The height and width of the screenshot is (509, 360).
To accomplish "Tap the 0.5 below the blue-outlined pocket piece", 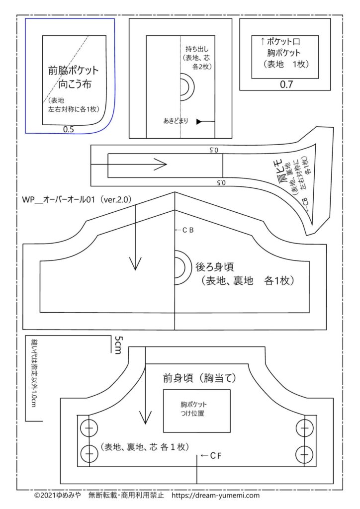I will pyautogui.click(x=69, y=129).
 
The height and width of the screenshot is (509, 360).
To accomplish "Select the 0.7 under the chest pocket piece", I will pyautogui.click(x=286, y=84).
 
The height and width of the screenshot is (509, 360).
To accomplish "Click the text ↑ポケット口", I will pyautogui.click(x=284, y=41).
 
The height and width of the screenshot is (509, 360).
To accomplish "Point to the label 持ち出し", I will pyautogui.click(x=195, y=49).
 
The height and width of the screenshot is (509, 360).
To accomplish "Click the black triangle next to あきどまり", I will pyautogui.click(x=199, y=121).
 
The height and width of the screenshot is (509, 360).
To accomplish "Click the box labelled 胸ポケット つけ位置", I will pyautogui.click(x=197, y=409).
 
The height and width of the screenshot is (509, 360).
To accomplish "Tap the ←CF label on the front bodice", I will pyautogui.click(x=210, y=455).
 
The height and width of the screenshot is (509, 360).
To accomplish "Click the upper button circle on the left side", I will pyautogui.click(x=90, y=427).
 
